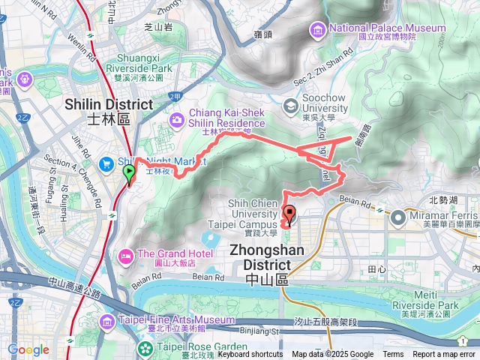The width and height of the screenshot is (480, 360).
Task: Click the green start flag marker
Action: [129, 174]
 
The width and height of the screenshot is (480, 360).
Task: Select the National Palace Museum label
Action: [387, 28]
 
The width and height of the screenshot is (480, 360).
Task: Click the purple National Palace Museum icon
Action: [318, 29]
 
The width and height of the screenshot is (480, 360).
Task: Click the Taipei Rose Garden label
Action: [202, 347]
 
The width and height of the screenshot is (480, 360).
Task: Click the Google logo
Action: [28, 349]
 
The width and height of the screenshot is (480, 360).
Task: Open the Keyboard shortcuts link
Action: [250, 355]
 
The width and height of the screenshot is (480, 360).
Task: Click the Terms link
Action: [393, 355]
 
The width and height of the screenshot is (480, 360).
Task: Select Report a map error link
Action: [444, 355]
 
